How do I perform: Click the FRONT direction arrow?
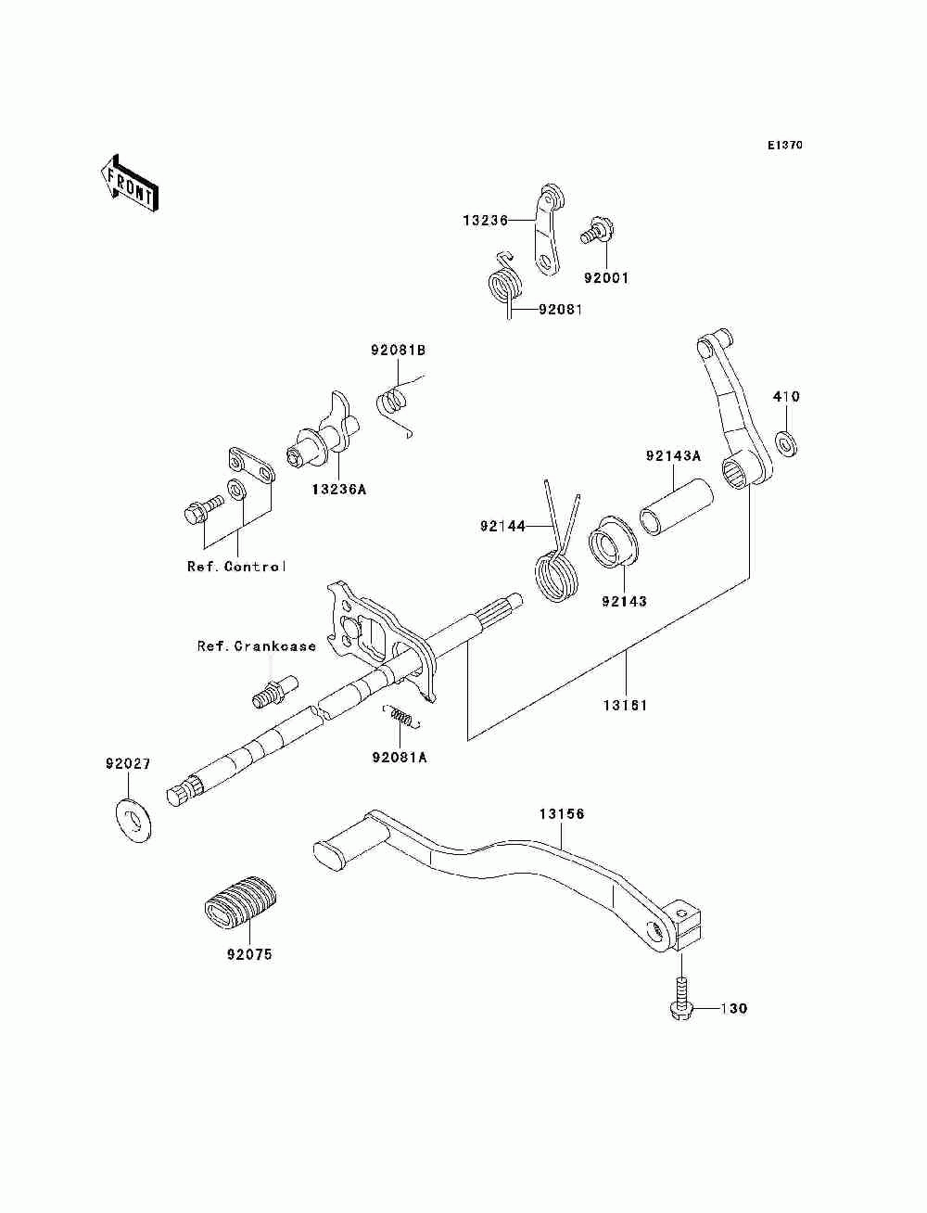(x=130, y=183)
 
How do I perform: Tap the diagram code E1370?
(x=784, y=146)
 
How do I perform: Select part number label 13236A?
(x=338, y=489)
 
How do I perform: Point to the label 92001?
(x=606, y=278)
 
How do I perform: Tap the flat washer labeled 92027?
(x=133, y=819)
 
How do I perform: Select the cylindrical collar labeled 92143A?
(x=676, y=507)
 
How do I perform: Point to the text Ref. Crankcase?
(x=257, y=646)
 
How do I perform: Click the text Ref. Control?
(x=236, y=566)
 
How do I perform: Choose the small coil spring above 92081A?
(x=401, y=717)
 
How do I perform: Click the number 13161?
(x=625, y=705)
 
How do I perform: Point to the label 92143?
(x=624, y=601)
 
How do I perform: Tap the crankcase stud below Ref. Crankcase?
(x=274, y=691)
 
